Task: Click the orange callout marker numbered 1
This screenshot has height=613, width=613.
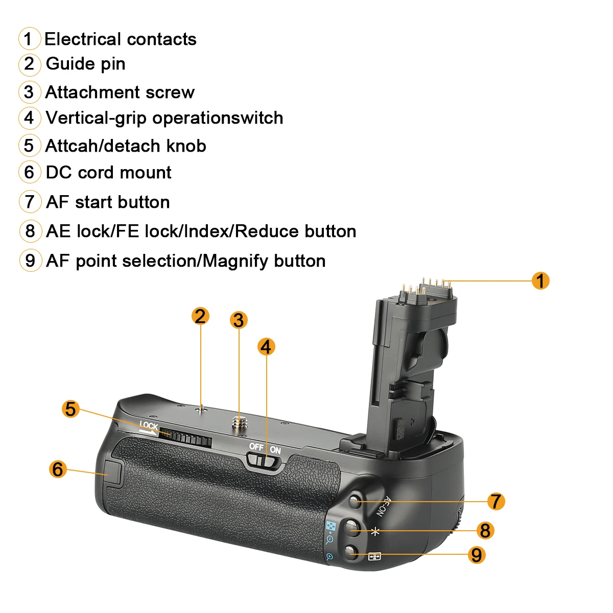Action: pos(540,280)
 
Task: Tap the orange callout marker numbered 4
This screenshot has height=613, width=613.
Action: pos(266,347)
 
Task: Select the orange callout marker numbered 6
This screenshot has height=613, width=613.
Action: pos(58,468)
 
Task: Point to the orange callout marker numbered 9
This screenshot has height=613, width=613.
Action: pos(476,554)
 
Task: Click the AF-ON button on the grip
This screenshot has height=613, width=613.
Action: pos(356,501)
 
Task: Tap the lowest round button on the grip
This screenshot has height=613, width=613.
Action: pos(350,552)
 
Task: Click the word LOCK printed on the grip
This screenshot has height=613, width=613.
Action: pos(149,426)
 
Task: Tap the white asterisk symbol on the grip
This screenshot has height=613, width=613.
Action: pos(375,531)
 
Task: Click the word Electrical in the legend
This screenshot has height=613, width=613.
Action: pos(81,39)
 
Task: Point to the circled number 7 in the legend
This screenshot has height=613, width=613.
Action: pos(30,202)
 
